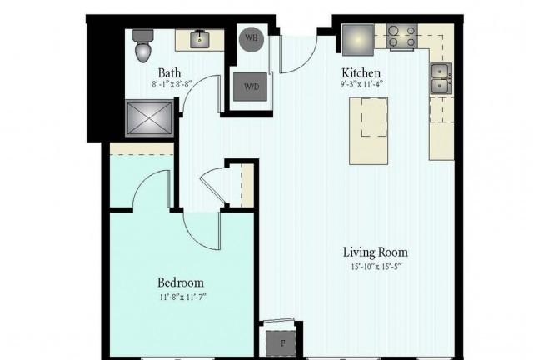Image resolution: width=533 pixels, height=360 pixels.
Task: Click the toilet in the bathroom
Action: coord(142,46)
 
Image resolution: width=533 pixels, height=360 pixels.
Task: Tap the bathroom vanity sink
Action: coord(200,39)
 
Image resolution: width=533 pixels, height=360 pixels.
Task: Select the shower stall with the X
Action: coord(149,118)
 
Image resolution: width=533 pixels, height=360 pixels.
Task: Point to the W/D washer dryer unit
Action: coord(250,87)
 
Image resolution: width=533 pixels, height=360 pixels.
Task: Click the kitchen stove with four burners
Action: coord(402,37)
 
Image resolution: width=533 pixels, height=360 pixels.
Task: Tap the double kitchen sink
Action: coord(441,78)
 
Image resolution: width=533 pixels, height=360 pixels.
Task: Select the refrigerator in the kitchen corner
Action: coord(358,40)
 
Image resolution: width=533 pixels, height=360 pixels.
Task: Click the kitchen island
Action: coord(368,131)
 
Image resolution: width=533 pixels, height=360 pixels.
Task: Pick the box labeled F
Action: coord(281,343)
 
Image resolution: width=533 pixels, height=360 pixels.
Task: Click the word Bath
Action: coord(169,72)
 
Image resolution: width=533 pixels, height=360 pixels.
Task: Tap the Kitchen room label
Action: coord(361,72)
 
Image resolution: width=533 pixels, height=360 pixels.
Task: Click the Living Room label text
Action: coord(376,252)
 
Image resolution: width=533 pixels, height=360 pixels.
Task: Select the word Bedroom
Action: coord(181,282)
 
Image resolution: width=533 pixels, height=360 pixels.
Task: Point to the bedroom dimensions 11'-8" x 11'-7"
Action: coord(183,297)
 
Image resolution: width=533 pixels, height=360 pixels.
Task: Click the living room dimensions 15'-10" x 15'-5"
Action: coord(376,267)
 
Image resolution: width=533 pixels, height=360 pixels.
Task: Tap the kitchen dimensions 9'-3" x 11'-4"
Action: coord(362,84)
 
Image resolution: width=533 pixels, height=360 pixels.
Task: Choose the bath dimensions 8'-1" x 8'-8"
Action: coord(172,84)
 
